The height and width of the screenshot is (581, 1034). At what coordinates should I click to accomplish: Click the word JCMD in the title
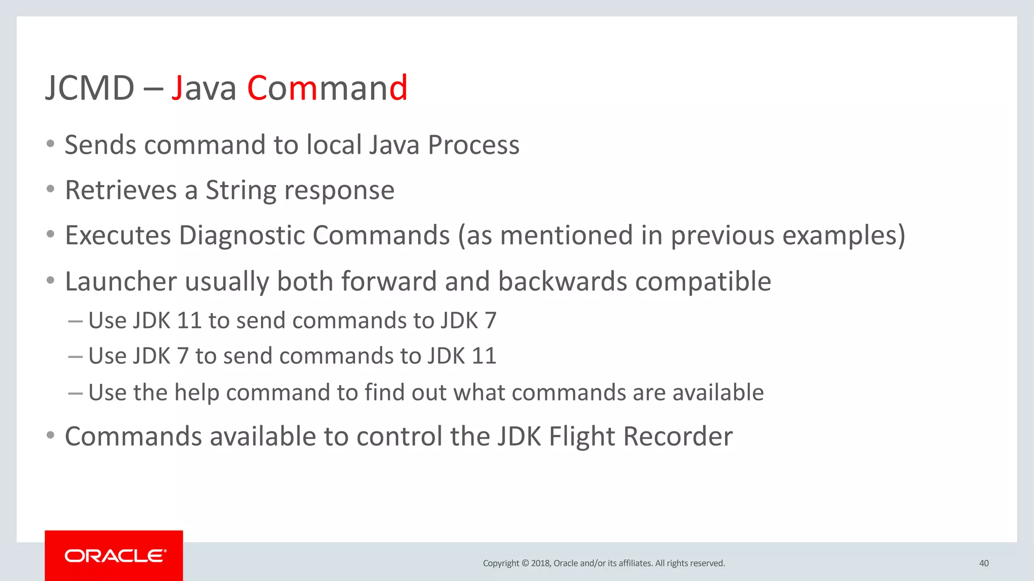coord(90,88)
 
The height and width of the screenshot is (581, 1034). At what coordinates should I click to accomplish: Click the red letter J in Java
coord(177,88)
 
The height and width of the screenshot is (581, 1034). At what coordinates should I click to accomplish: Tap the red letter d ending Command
coord(398,88)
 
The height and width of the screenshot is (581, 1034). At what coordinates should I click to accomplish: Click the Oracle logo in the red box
coord(115,556)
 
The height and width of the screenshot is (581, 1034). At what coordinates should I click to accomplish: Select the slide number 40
coord(984,563)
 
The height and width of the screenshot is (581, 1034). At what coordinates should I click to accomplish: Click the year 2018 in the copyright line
coord(541,563)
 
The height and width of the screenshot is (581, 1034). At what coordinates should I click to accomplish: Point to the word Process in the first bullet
coord(474,145)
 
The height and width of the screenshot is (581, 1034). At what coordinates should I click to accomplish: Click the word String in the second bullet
coord(241,191)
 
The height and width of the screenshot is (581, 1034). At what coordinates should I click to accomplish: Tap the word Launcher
coord(121,281)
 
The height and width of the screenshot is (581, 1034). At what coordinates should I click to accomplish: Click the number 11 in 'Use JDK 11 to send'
coord(189,321)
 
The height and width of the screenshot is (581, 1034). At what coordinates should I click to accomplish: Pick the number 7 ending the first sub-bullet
coord(490,321)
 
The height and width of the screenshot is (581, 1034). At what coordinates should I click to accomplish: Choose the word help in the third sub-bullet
coord(196,393)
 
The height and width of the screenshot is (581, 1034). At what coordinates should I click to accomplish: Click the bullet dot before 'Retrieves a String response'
coord(50,190)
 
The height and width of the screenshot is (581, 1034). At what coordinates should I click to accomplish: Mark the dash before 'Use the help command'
coord(75,393)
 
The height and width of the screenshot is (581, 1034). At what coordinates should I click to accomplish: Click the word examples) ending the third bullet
coord(844,236)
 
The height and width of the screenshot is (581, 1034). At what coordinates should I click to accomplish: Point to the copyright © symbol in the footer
coord(525,563)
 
